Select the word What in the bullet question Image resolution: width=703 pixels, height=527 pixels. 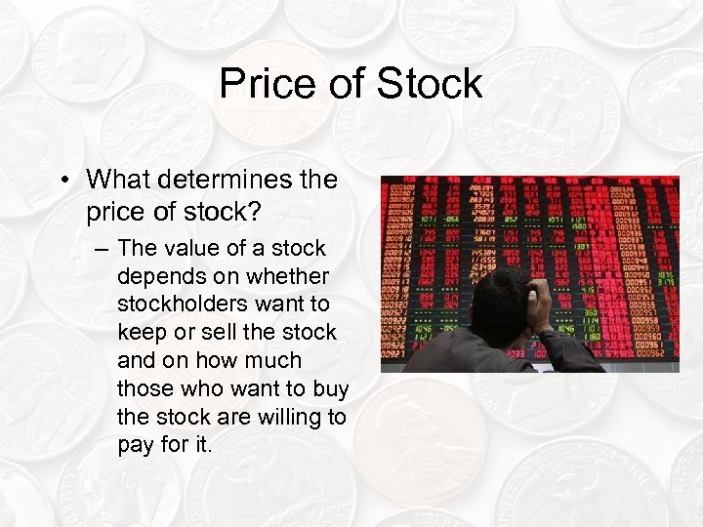coord(116,180)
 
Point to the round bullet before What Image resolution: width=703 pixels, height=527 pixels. coord(64,181)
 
